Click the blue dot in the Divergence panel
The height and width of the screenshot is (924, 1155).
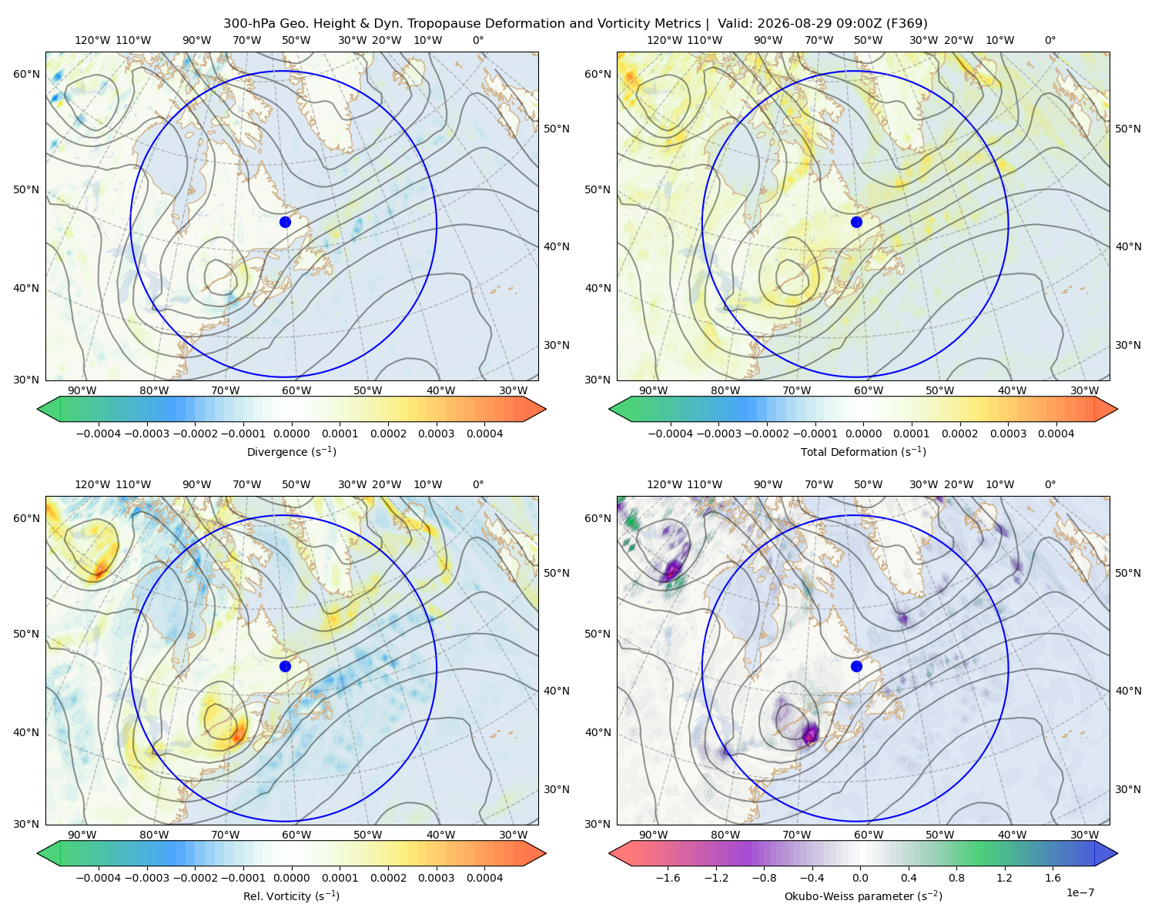pyautogui.click(x=285, y=222)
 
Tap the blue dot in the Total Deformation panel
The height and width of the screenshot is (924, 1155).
pyautogui.click(x=856, y=222)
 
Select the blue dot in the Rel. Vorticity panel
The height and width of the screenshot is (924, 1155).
pyautogui.click(x=285, y=666)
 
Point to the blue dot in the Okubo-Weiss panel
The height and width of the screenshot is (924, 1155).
pyautogui.click(x=856, y=666)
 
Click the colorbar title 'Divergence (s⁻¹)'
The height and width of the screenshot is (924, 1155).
pyautogui.click(x=291, y=451)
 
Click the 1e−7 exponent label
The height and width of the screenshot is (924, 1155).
pyautogui.click(x=1080, y=892)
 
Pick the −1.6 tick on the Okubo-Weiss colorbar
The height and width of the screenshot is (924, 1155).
pyautogui.click(x=668, y=878)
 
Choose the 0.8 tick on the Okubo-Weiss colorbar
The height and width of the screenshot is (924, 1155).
pyautogui.click(x=956, y=878)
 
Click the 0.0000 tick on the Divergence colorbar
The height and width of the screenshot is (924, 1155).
pyautogui.click(x=291, y=434)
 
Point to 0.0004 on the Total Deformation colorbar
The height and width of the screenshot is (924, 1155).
pyautogui.click(x=1056, y=434)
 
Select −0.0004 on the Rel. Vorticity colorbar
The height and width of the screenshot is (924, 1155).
pyautogui.click(x=99, y=878)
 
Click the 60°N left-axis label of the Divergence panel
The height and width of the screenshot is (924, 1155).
pyautogui.click(x=26, y=74)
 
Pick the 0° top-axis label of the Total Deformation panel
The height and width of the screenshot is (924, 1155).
pyautogui.click(x=1050, y=40)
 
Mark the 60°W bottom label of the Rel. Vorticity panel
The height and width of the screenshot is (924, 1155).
pyautogui.click(x=296, y=835)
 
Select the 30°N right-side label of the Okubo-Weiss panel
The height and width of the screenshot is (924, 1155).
pyautogui.click(x=1128, y=789)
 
